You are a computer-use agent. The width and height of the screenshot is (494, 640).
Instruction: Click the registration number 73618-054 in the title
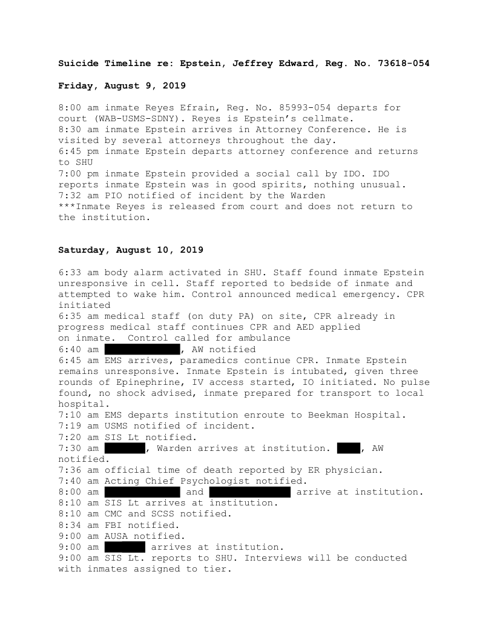coord(404,63)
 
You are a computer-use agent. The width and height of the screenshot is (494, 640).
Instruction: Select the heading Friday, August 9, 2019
coord(122,85)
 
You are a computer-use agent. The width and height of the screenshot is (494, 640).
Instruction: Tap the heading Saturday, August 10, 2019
coord(131,250)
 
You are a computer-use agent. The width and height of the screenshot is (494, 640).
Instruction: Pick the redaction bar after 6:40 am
coord(142,349)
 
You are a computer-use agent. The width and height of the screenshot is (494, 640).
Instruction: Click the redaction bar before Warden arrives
coord(125,448)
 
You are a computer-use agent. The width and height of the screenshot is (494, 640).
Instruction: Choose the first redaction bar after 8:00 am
coord(142,492)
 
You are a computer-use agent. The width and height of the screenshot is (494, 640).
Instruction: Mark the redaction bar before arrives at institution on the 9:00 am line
coord(125,547)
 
